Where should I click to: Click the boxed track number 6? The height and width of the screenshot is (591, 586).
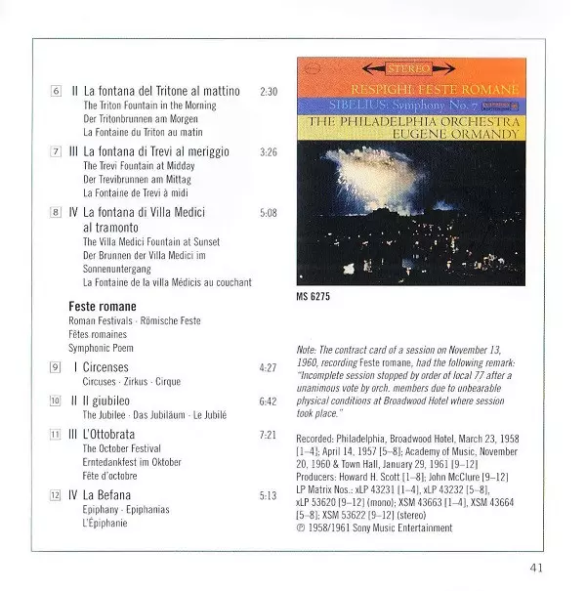coord(56,91)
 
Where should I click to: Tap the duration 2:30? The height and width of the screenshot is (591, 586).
coord(270,91)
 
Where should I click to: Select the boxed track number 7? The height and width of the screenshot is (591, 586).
coord(56,151)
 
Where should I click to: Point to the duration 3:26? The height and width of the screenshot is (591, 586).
coord(270,151)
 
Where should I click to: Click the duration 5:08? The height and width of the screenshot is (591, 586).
coord(270,212)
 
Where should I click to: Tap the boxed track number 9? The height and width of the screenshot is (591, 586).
coord(56,367)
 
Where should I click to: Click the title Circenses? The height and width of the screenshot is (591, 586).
coord(106,367)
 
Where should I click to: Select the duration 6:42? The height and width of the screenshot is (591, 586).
coord(270,401)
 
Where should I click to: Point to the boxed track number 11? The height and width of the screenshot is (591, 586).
coord(56,433)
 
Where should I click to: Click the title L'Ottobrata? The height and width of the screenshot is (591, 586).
coord(110,433)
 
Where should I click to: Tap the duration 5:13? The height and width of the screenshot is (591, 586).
coord(270,494)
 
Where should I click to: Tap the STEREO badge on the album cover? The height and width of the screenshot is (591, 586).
coord(409,70)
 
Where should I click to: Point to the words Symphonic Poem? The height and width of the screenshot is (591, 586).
coord(102,347)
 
